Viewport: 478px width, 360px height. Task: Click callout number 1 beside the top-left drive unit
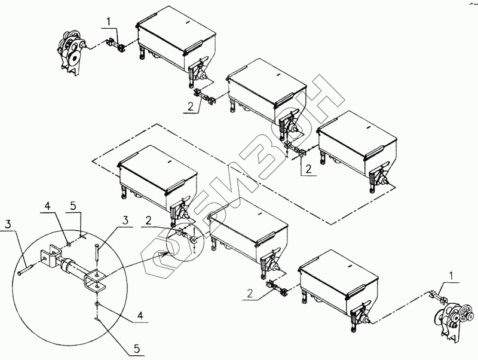click(108, 22)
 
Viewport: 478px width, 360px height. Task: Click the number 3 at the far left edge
click(8, 224)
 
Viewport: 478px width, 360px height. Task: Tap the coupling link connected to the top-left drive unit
click(114, 44)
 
